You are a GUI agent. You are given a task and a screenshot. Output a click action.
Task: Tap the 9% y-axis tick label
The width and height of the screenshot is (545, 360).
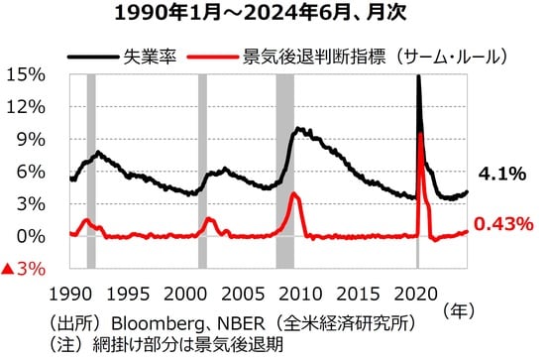click(x=29, y=139)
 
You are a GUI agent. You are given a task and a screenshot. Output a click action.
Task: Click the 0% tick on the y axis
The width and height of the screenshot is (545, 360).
click(x=29, y=236)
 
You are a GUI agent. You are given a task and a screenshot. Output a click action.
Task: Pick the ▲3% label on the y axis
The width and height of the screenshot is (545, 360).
click(x=24, y=269)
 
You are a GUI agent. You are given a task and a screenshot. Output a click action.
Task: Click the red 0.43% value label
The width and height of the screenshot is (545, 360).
click(x=504, y=225)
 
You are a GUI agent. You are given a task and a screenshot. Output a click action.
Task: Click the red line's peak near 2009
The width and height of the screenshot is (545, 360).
click(x=294, y=193)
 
